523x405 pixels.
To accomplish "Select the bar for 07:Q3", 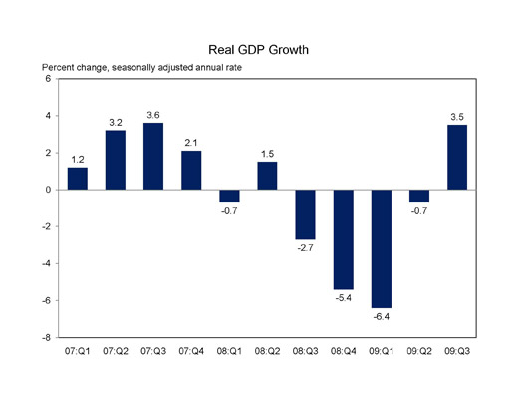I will [x=153, y=156].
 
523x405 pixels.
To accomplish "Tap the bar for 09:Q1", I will [x=381, y=248].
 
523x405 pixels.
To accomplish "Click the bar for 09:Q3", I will [x=457, y=157].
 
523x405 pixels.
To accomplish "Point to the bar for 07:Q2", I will [x=116, y=160].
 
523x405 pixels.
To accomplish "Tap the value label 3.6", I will [x=153, y=114].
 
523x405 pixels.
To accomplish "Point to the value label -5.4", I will [x=343, y=298].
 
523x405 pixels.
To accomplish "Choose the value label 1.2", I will [x=78, y=159].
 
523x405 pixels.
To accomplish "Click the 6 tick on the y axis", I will [x=48, y=79].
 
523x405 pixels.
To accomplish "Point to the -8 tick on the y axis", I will [x=46, y=337].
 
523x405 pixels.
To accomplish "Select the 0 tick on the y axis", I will [x=48, y=190].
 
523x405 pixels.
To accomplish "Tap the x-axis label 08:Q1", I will [x=229, y=352].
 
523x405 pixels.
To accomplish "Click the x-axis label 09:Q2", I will [x=418, y=352].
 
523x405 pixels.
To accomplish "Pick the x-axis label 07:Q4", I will [x=191, y=352].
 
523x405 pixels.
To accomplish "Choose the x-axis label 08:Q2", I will [x=267, y=352].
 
